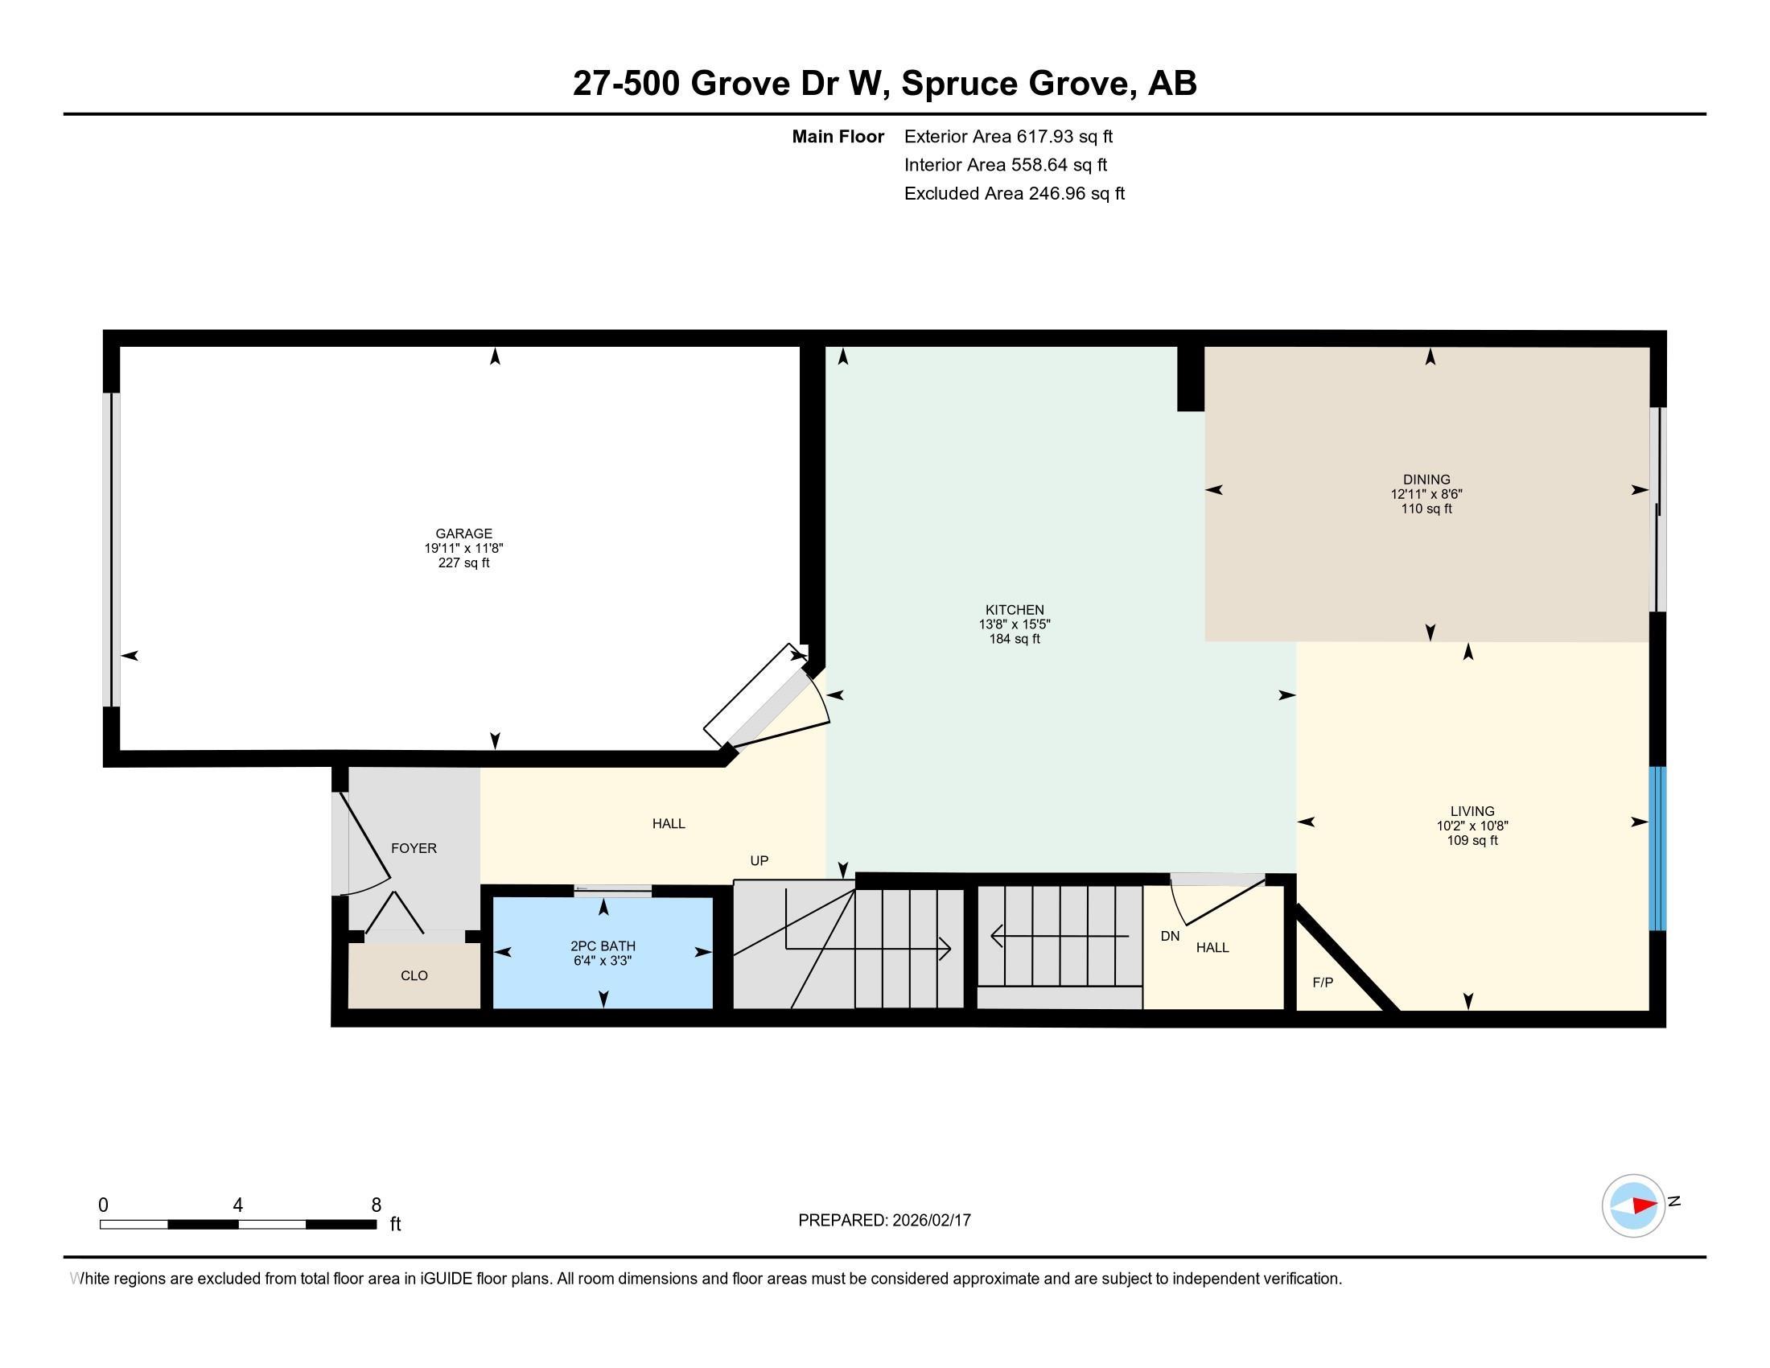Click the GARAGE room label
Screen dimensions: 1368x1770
[463, 534]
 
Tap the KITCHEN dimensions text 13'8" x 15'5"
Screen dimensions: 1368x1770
[1014, 624]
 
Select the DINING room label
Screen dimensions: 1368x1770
[1426, 479]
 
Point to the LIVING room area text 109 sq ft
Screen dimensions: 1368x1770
[1472, 840]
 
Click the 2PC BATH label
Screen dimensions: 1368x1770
[602, 946]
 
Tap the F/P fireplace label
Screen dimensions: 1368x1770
[1322, 983]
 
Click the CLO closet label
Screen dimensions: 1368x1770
[414, 975]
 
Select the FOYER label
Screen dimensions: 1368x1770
[414, 847]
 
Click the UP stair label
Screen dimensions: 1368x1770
[759, 861]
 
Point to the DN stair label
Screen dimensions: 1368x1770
[1170, 936]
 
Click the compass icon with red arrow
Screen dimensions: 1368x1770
[1633, 1205]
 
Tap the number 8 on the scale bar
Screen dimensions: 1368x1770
[376, 1205]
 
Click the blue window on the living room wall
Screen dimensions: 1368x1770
[1657, 848]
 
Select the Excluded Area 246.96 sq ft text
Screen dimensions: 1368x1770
[1014, 193]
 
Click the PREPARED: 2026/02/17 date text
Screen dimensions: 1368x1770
[884, 1220]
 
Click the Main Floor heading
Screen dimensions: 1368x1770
[838, 136]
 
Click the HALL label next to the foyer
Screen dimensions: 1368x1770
[669, 823]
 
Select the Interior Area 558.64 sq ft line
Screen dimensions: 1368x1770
[1005, 164]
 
